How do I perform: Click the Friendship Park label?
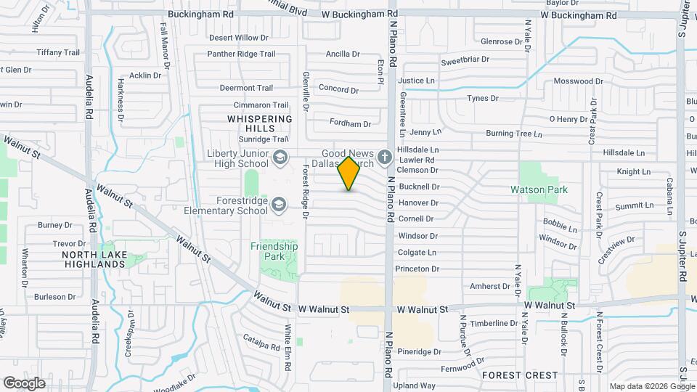pyautogui.click(x=274, y=251)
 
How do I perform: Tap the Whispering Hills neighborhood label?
pyautogui.click(x=259, y=123)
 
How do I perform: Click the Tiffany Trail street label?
pyautogui.click(x=58, y=52)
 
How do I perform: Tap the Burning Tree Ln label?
pyautogui.click(x=514, y=134)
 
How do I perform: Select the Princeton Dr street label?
pyautogui.click(x=417, y=269)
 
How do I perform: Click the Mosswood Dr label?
pyautogui.click(x=578, y=81)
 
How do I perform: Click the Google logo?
pyautogui.click(x=24, y=383)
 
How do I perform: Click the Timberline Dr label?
pyautogui.click(x=493, y=323)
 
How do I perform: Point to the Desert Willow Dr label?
pyautogui.click(x=238, y=37)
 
